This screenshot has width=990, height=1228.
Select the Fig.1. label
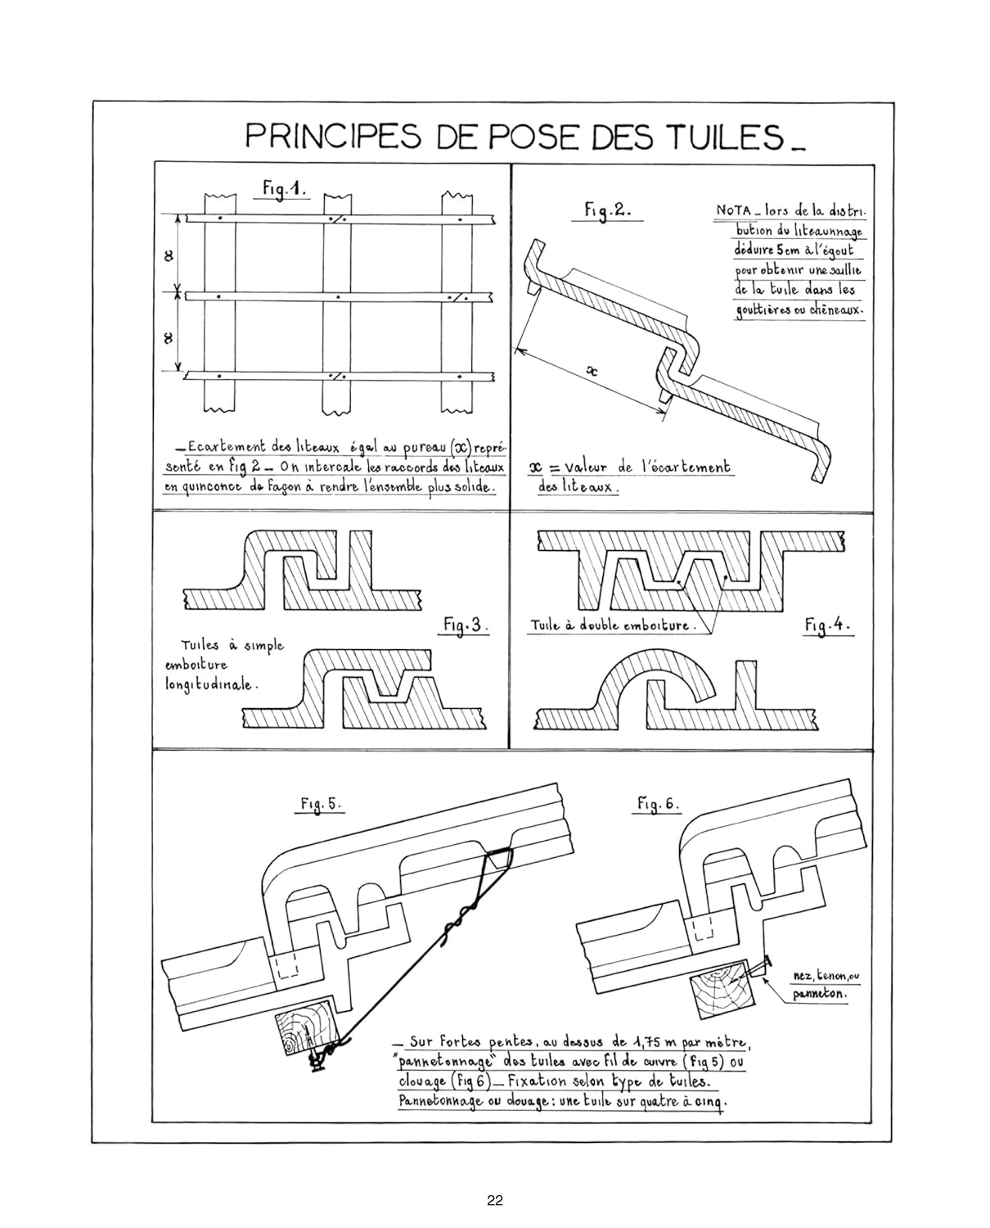[x=284, y=188]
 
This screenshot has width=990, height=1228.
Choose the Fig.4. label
[x=827, y=626]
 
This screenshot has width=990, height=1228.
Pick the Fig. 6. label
[x=657, y=804]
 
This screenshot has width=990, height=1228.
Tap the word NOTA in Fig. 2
[x=732, y=210]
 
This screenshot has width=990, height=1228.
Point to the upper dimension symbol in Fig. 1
[x=169, y=257]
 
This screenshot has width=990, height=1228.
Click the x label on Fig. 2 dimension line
[x=592, y=372]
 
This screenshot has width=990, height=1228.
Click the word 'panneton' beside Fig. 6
[x=820, y=993]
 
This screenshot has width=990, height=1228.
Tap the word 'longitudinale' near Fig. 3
[x=209, y=685]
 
